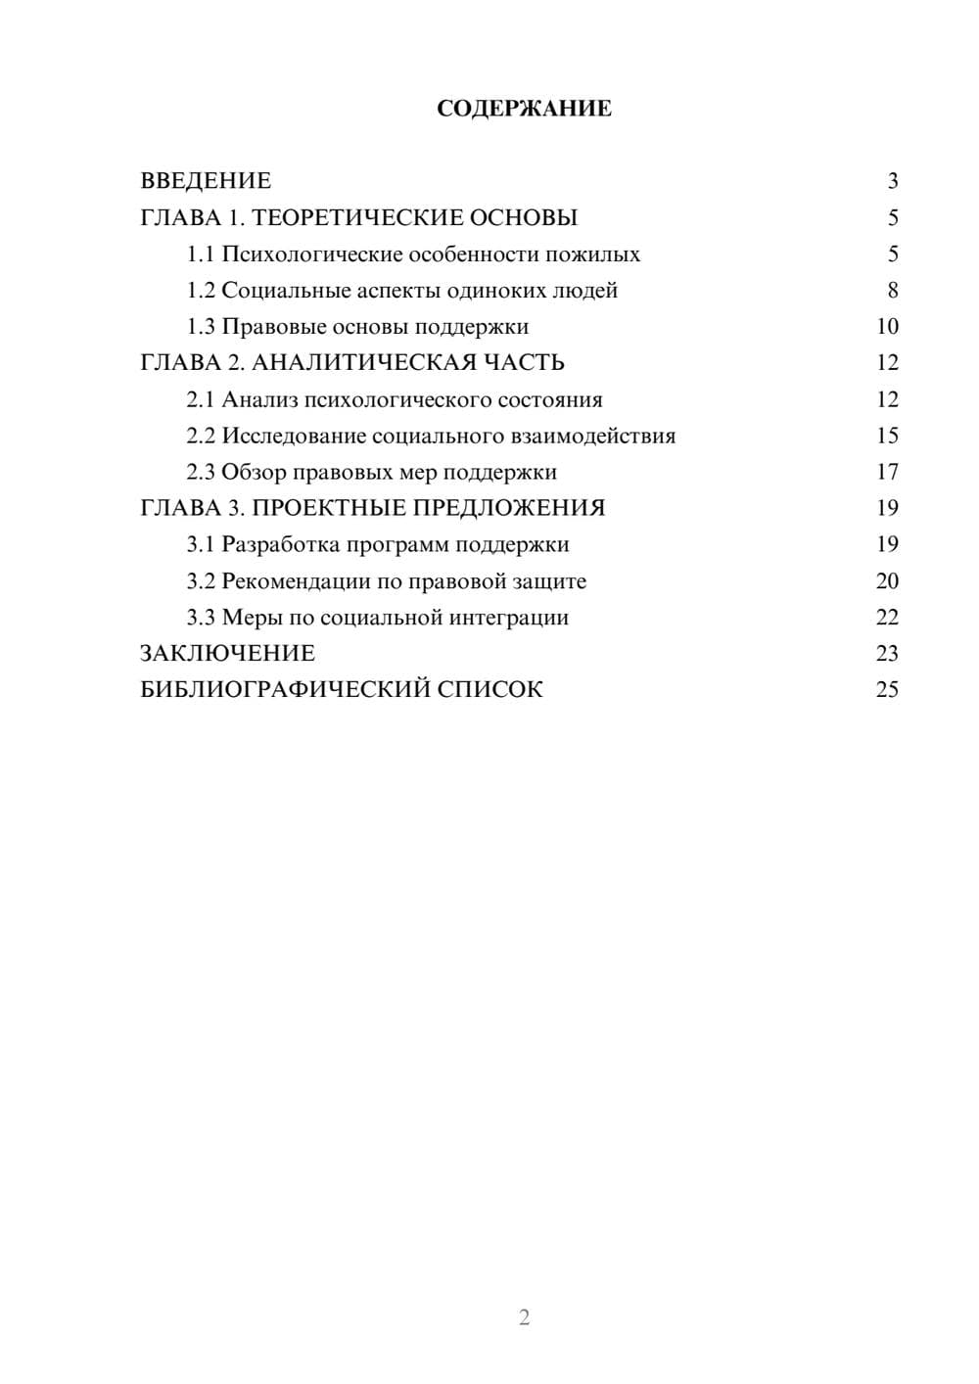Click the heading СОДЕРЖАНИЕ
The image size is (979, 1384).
(524, 109)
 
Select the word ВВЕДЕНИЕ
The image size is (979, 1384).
(206, 181)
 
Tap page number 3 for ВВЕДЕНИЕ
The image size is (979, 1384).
(892, 181)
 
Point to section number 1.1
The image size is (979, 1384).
(201, 254)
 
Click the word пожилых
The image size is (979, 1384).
(598, 254)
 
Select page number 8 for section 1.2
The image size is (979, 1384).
(892, 291)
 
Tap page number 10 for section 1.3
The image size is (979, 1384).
(887, 327)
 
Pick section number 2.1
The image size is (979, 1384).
(201, 399)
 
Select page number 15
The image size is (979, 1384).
(887, 436)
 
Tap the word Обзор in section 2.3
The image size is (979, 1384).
(254, 472)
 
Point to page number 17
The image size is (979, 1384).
(887, 472)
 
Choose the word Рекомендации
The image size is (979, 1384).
(296, 581)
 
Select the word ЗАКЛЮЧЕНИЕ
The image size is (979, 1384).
(227, 654)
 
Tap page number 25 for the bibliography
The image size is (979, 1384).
(887, 690)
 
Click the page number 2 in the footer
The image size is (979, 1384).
(524, 1317)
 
